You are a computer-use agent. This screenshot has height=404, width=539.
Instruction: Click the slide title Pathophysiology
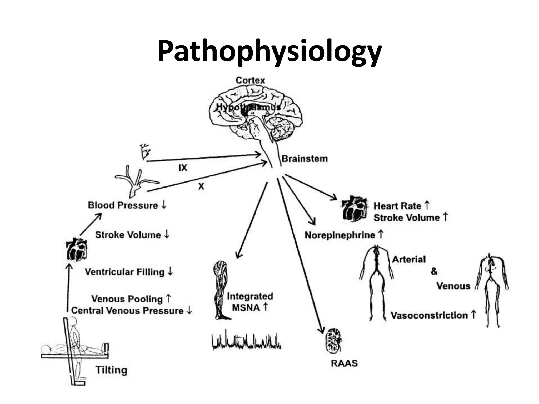tap(269, 51)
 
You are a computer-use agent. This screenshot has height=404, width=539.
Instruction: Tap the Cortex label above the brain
tap(250, 80)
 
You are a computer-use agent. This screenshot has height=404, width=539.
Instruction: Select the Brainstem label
tap(305, 159)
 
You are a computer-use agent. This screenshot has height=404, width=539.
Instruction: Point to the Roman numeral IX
tap(183, 168)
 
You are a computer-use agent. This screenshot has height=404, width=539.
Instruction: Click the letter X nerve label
tap(201, 186)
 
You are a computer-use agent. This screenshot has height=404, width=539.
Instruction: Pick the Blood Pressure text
tap(123, 205)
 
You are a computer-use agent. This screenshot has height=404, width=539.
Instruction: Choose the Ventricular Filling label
tap(124, 272)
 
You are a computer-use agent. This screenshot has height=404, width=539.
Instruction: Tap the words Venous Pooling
tap(127, 299)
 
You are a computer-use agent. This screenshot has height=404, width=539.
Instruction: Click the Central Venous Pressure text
tap(127, 311)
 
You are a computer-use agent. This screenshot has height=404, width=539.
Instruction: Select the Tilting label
tap(111, 370)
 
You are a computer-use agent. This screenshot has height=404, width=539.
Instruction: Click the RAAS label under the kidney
tap(344, 363)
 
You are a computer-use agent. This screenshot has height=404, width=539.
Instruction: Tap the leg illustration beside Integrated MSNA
tap(221, 289)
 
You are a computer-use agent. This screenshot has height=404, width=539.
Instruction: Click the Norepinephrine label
tap(340, 235)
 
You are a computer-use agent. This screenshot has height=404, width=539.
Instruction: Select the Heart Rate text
tap(397, 206)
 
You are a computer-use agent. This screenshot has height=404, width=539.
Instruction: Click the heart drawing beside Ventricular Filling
tap(77, 250)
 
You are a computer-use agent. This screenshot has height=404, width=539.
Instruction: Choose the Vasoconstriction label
tap(429, 315)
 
